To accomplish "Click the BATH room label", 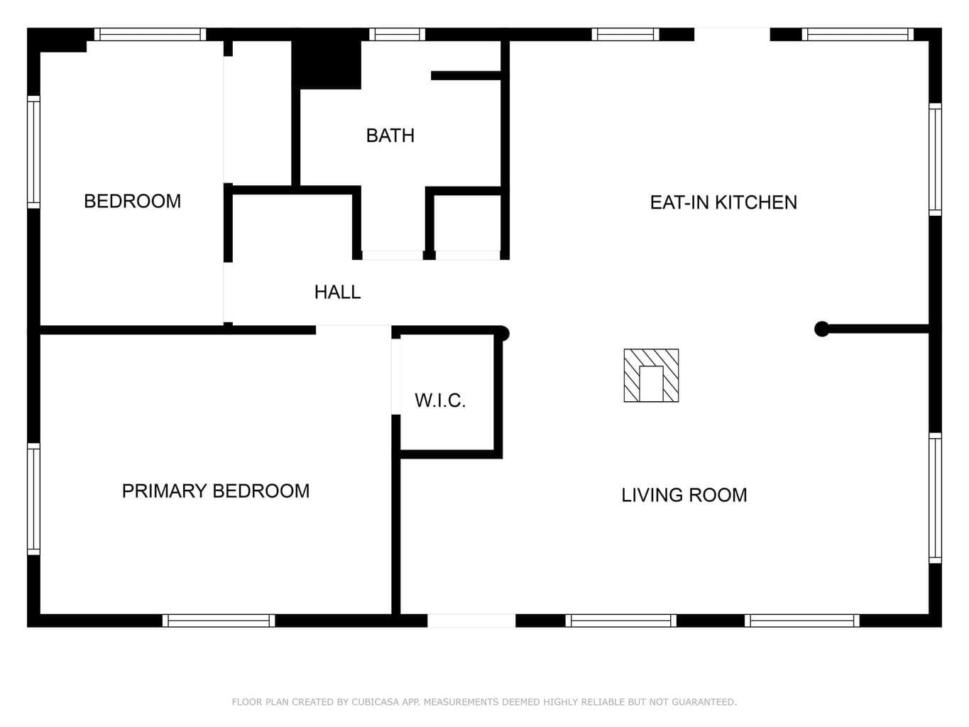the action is pos(390,136).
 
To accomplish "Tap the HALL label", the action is pos(338,292).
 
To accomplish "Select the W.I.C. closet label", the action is pos(440,400).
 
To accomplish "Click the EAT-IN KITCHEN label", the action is pos(723,202).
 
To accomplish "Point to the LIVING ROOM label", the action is pos(684,495).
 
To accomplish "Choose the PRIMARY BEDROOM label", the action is pos(216,491).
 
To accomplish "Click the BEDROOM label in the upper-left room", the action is pos(133,202).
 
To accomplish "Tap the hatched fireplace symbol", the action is pos(651,375).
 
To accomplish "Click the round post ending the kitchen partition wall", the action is pos(821,329).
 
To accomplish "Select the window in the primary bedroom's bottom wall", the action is pos(219,621).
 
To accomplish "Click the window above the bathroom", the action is pos(397,34).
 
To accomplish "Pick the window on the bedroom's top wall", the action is pos(150,34).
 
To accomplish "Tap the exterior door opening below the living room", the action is pos(471,621).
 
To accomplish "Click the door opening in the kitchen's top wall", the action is pos(732,34).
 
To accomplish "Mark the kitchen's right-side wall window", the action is pos(935,159).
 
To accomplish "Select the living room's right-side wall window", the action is pos(935,498).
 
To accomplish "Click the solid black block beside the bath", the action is pos(327,65).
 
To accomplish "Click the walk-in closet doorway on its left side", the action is pos(396,376).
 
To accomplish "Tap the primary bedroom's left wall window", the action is pos(34,499).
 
